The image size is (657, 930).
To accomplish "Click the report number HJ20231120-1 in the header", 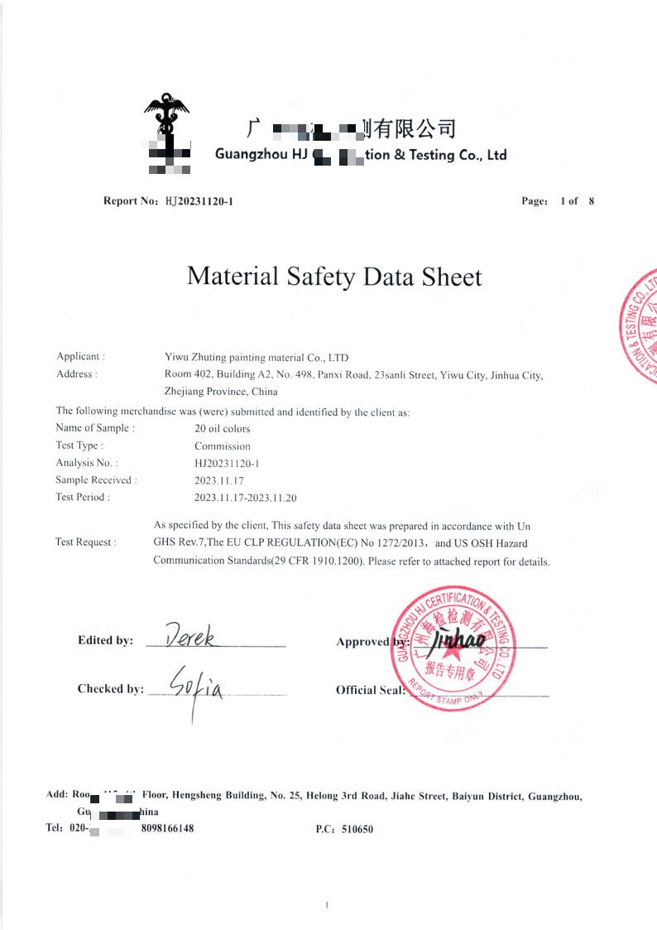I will point(199,201).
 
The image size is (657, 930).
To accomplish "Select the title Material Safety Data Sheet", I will point(334,276).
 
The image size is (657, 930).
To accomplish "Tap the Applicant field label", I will point(80,356).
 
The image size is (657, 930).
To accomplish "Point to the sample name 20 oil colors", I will point(222,429).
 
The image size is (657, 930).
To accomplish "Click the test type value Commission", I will point(222,446).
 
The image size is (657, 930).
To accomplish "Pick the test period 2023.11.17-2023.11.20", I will point(245,498).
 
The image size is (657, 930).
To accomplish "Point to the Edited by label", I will point(105,640).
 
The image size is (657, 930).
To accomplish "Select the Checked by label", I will point(110,689).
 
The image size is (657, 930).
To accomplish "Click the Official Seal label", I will point(370,690).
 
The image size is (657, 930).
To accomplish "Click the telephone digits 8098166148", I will point(167,828).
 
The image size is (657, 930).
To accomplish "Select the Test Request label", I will point(85,542).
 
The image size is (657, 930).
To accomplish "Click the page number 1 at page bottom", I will point(328,906).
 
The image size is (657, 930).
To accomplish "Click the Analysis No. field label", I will point(86,463).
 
